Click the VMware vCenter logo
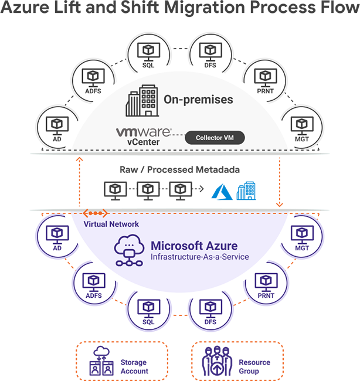(143, 136)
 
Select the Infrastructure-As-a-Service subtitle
(199, 257)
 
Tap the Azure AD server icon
(57, 236)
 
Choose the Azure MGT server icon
(302, 236)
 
